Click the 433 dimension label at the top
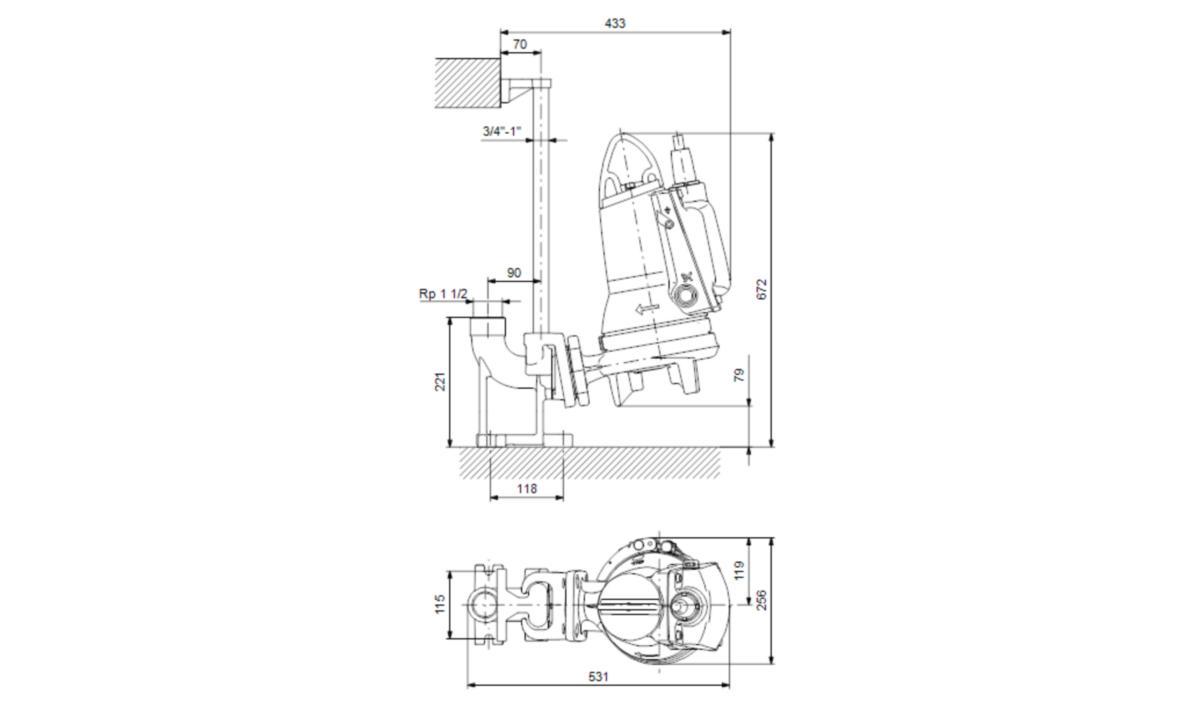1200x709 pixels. point(615,24)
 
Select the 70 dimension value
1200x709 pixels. point(520,44)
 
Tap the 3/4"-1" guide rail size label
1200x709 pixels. point(501,131)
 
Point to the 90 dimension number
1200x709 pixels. point(514,273)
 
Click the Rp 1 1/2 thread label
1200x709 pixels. point(443,294)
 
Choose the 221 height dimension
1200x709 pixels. point(440,381)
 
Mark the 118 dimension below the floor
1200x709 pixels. point(527,488)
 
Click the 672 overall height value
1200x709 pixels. point(762,289)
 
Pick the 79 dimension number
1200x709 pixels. point(739,375)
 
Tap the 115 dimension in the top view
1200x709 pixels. point(440,604)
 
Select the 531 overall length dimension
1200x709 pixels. point(598,676)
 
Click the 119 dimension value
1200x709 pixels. point(739,570)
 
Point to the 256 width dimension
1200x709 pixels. point(762,600)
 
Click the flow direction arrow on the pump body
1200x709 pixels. point(646,308)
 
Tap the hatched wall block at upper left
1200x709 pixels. point(467,84)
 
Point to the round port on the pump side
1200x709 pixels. point(685,295)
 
